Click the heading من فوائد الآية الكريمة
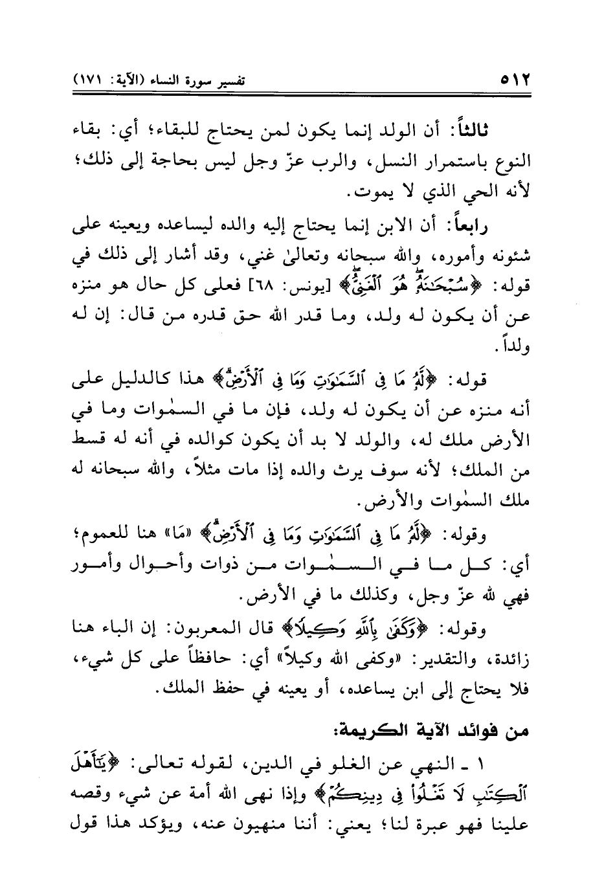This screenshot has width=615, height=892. [x=431, y=732]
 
